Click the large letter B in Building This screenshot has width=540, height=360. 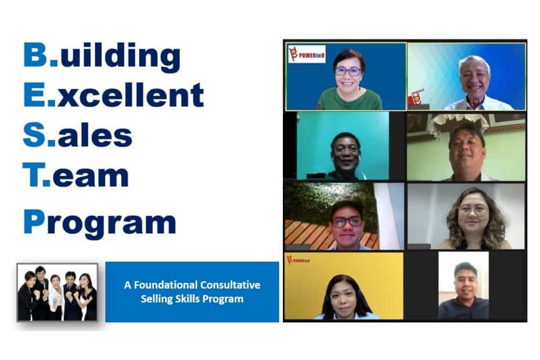[35, 55]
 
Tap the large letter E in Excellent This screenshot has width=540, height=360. [34, 95]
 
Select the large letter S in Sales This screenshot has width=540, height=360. [34, 134]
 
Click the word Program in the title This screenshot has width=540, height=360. [100, 223]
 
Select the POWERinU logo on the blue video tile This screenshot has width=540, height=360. [307, 55]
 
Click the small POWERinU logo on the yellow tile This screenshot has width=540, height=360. [298, 260]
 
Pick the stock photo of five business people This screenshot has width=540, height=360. [57, 292]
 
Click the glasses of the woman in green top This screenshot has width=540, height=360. [348, 71]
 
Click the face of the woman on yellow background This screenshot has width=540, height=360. [343, 297]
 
